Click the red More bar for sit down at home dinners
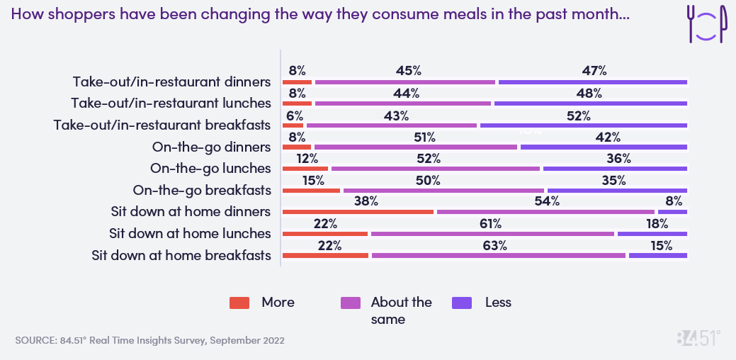tap(358, 212)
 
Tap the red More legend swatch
tap(239, 303)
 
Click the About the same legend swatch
tap(351, 303)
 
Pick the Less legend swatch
tap(462, 303)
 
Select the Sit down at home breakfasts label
tap(181, 255)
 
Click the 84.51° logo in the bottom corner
tap(698, 338)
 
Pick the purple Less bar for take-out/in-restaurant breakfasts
tap(584, 125)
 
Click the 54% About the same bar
tap(545, 212)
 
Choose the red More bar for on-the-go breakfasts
tap(311, 191)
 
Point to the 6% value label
tap(294, 116)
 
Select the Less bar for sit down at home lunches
tap(652, 234)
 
